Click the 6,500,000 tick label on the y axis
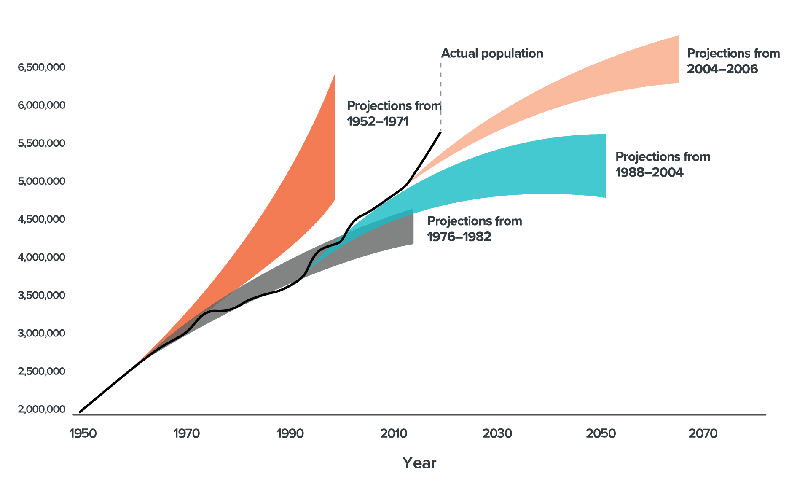[41, 67]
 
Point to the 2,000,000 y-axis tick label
[41, 409]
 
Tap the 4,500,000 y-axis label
[41, 219]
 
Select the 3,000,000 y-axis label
[41, 334]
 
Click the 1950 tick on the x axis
[83, 433]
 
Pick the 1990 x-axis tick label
[290, 433]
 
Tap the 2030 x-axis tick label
[497, 433]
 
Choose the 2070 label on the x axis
[703, 433]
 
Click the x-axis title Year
[419, 463]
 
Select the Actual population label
[492, 54]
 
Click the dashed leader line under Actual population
[441, 97]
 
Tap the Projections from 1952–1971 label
[394, 113]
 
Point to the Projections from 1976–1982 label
[474, 229]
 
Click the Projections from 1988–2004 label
[663, 164]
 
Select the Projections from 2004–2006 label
[733, 61]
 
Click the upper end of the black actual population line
[440, 132]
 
